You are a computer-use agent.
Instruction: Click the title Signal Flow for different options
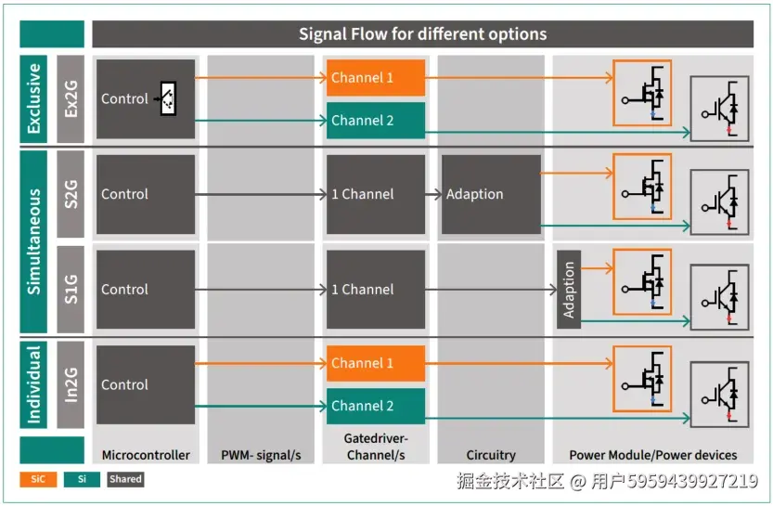click(422, 34)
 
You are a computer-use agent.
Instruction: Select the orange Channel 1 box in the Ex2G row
click(376, 78)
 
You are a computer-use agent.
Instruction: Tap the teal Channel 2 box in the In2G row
click(376, 406)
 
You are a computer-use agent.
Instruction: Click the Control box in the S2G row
click(146, 194)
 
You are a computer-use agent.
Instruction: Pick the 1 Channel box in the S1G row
click(376, 290)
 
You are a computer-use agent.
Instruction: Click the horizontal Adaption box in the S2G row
click(491, 194)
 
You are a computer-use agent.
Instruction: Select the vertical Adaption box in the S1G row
click(569, 290)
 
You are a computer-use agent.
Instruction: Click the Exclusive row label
click(34, 98)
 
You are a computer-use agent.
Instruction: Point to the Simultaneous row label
click(34, 241)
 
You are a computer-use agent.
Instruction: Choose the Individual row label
click(34, 384)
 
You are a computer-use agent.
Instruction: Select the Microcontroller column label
click(146, 455)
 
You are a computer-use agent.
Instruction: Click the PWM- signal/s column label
click(261, 455)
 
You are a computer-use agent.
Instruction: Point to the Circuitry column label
click(491, 455)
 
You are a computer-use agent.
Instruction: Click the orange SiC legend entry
click(38, 480)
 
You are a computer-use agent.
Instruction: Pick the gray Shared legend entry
click(124, 480)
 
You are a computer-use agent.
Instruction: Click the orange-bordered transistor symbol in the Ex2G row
click(641, 92)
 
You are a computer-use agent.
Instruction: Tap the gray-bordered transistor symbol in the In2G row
click(719, 394)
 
